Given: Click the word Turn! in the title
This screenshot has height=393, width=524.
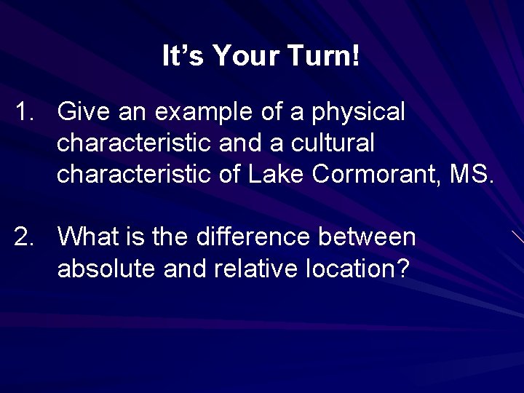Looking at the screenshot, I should click(322, 57).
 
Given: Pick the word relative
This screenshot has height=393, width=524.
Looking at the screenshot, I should click(254, 269).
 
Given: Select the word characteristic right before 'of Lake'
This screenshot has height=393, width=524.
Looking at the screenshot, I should click(134, 175).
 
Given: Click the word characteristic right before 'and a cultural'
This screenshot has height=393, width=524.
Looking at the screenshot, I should click(134, 143).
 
